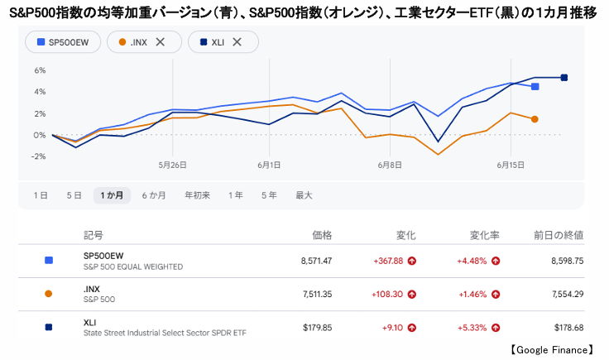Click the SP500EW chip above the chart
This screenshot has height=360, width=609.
coord(63,42)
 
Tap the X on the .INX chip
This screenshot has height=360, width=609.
coord(160,42)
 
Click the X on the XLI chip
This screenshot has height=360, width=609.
coord(237,42)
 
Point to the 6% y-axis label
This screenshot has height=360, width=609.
coord(40,70)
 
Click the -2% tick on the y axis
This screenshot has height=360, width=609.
coord(39,156)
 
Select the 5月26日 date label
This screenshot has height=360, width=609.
coord(172,165)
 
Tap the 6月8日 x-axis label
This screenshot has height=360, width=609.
coord(390,165)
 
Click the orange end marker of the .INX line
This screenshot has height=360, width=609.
coord(535,119)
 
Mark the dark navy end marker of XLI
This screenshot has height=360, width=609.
coord(564,78)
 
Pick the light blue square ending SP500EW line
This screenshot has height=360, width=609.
coord(535,87)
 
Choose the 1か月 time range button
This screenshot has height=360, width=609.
coord(112,195)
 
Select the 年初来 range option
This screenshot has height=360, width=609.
coord(197,195)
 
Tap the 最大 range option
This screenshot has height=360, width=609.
coord(304,195)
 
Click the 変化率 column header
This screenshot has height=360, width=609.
coord(485,235)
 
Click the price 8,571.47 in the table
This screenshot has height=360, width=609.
coord(317,261)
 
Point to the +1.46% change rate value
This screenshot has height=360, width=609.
coord(472,295)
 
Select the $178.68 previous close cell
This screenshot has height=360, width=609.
coord(569,328)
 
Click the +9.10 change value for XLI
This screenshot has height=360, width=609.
coord(393,328)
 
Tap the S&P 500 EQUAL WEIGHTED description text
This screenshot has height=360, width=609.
coord(133,266)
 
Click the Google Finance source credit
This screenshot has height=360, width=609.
coord(552,350)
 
